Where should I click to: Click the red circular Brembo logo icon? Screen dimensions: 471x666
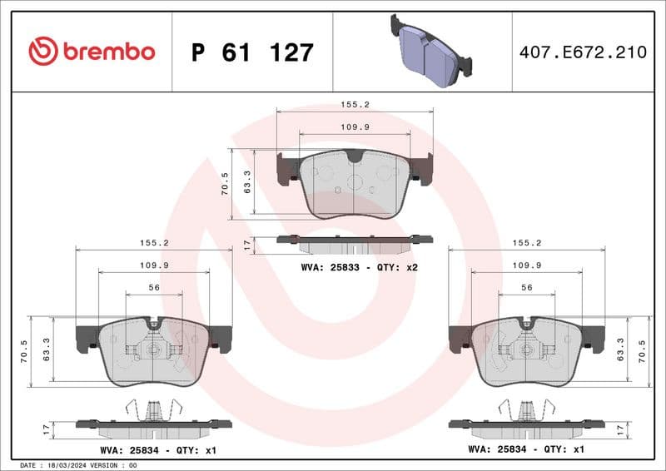point(43,52)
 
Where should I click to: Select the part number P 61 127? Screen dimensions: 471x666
point(252,52)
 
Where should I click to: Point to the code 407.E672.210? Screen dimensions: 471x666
point(583,52)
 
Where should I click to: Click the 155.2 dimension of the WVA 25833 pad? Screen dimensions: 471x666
point(355,106)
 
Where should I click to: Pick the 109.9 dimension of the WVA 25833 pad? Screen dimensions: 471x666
point(355,126)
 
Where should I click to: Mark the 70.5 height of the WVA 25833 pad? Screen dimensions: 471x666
point(224,184)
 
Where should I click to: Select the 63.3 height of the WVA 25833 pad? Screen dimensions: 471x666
point(246,184)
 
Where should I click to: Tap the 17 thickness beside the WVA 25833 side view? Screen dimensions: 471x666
point(246,245)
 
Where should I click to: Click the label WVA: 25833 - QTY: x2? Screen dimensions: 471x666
point(359,267)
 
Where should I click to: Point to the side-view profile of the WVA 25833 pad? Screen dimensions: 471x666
point(355,242)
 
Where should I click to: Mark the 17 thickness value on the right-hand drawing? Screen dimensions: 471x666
point(619,429)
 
